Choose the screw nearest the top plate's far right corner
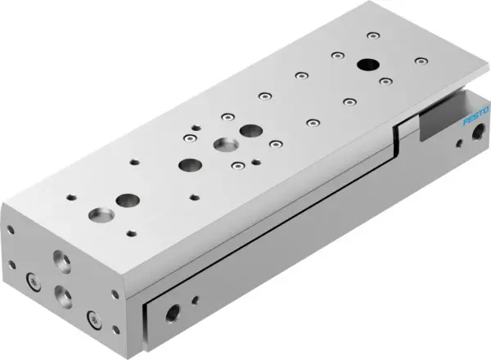(x=421, y=61)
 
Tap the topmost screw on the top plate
(x=372, y=35)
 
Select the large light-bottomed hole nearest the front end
(x=127, y=199)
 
